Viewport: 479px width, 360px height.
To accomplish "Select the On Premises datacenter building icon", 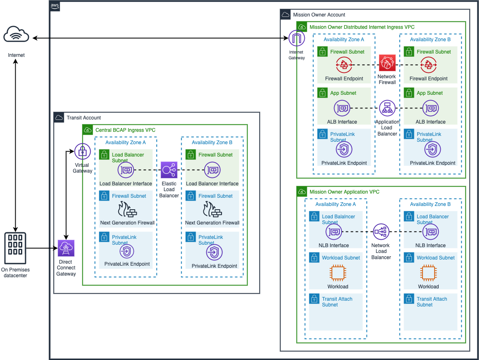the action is [x=15, y=248].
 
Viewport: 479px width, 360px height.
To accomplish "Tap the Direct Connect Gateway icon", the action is [x=66, y=248].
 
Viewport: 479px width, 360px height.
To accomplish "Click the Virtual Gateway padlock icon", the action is [x=82, y=151].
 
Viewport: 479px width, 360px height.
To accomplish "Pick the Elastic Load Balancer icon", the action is [x=169, y=170].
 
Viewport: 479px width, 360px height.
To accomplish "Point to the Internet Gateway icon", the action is [x=297, y=38].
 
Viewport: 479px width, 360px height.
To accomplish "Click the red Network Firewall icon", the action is [x=387, y=63].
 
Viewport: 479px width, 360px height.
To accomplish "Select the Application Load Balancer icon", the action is [x=387, y=108].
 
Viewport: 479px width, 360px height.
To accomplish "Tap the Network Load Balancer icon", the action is [x=381, y=232].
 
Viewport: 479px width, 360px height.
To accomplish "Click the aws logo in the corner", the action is [x=55, y=6].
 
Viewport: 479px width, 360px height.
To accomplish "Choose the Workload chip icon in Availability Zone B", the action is [x=428, y=273].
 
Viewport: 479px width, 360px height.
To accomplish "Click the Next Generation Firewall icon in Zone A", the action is [x=127, y=209].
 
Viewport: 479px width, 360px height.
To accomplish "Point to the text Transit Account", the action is [x=84, y=118].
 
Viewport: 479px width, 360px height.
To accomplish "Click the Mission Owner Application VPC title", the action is [x=344, y=192].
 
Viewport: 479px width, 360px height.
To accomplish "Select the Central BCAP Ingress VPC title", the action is [x=125, y=130].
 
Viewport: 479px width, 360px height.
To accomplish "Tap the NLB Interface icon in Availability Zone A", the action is [x=334, y=232].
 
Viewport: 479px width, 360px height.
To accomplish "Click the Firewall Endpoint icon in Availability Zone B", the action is [x=428, y=65].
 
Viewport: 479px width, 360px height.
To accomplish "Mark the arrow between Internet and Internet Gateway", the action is [x=160, y=38].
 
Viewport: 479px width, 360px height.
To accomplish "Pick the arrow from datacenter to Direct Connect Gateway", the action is [x=42, y=248].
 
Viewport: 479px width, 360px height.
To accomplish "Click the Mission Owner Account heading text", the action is [x=319, y=15].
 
